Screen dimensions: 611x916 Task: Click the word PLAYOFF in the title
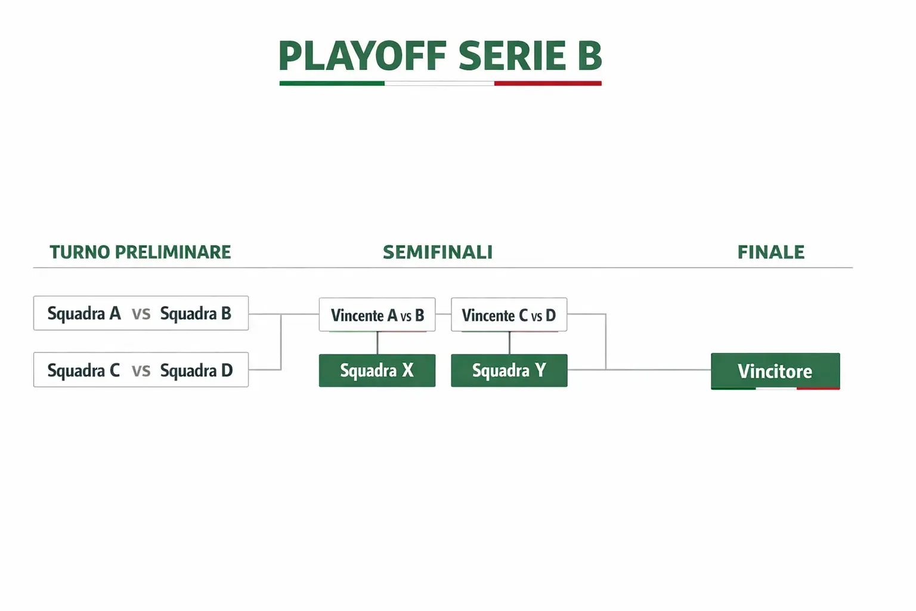pos(362,56)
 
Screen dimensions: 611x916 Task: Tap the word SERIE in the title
pos(512,56)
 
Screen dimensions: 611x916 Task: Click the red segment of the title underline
pos(547,84)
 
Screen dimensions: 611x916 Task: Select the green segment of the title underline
pos(332,84)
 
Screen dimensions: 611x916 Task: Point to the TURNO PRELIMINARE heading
pos(140,252)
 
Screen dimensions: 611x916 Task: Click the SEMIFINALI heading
pos(438,252)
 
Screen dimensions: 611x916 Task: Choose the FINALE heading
pos(770,252)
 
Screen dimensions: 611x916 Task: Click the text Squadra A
pos(84,313)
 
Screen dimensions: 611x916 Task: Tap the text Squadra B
pos(196,313)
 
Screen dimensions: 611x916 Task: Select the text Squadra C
pos(83,371)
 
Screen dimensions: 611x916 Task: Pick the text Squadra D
pos(196,371)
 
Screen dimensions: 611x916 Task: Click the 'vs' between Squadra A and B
pos(141,314)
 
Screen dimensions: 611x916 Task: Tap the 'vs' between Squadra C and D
pos(141,371)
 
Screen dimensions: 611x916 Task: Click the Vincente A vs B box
pos(377,314)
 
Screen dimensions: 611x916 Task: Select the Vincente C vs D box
pos(509,314)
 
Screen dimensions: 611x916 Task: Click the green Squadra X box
pos(377,371)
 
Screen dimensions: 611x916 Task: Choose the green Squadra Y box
pos(509,371)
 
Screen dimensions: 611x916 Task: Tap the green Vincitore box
pos(775,371)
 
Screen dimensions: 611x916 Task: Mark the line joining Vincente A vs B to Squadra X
pos(377,343)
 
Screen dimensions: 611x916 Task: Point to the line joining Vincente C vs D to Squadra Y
pos(509,343)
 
